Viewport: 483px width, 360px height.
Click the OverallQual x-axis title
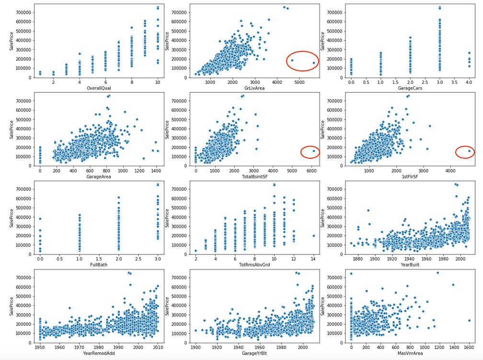pyautogui.click(x=99, y=88)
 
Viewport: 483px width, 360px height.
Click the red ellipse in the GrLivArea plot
pyautogui.click(x=302, y=61)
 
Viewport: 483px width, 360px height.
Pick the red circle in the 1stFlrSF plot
pyautogui.click(x=465, y=152)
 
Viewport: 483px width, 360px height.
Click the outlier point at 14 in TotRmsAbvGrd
pyautogui.click(x=313, y=235)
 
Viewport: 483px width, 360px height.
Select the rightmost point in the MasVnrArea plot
pyautogui.click(x=469, y=320)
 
